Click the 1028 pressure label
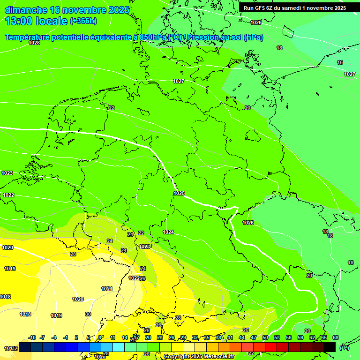[x=34, y=43]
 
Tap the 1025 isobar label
[x=179, y=193]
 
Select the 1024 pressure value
[x=169, y=232]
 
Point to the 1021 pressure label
[x=107, y=289]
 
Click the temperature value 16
[x=340, y=62]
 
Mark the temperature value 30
[x=88, y=314]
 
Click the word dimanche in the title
[x=26, y=10]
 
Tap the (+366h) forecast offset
[x=83, y=21]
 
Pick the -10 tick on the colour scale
[x=32, y=337]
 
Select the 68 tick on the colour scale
[x=336, y=337]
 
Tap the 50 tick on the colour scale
[x=265, y=337]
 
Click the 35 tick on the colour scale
[x=207, y=337]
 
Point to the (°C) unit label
[x=344, y=348]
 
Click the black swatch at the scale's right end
[x=330, y=347]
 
